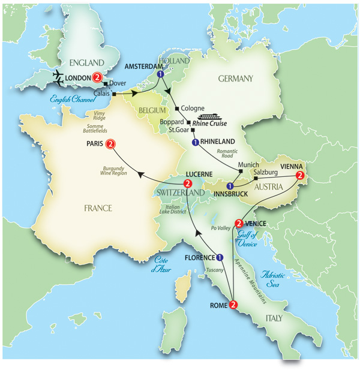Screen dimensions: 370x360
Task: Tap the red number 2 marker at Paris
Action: coord(110,144)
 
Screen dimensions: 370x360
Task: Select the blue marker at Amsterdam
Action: coord(160,74)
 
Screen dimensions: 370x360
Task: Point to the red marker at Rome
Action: coord(233,304)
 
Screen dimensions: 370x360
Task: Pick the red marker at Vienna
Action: coord(301,175)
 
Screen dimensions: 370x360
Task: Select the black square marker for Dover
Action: coord(106,83)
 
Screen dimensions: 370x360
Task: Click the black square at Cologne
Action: coord(178,109)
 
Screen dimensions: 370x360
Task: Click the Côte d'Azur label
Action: coord(161,264)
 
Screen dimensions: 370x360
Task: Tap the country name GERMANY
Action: coord(236,79)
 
